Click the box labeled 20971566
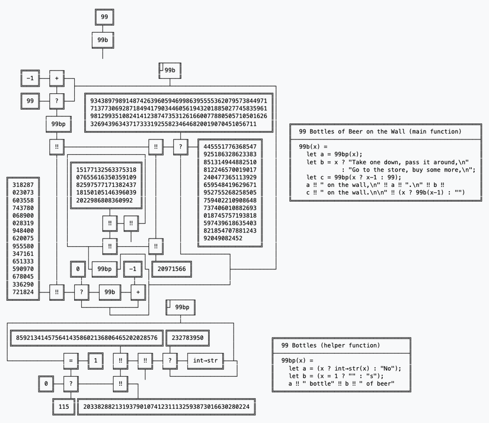click(172, 269)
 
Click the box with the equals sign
click(70, 360)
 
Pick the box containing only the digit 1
click(96, 360)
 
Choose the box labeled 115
click(63, 407)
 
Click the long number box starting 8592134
click(87, 338)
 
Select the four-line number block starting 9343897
click(179, 112)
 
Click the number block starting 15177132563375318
click(106, 185)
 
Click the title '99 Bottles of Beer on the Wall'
click(380, 131)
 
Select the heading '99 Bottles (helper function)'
click(339, 345)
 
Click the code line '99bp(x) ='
click(296, 360)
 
